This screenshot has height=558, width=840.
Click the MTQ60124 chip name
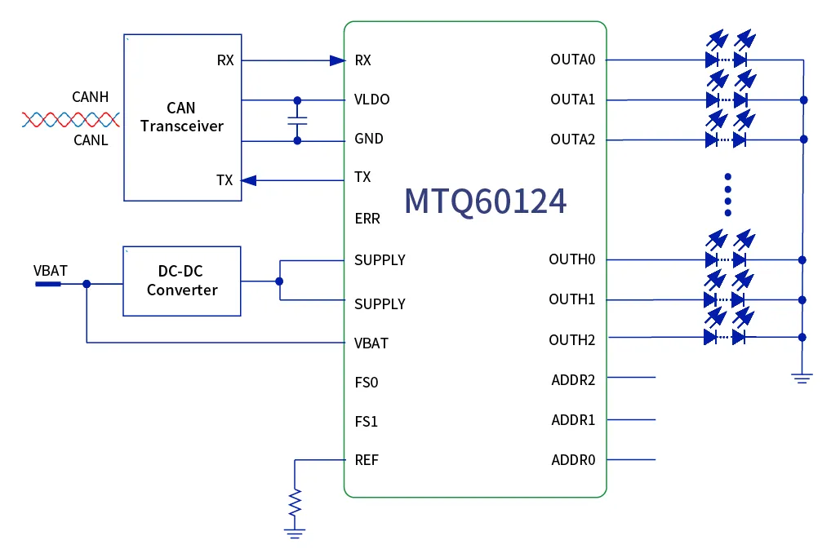point(485,201)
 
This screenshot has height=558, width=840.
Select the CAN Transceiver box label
point(181,117)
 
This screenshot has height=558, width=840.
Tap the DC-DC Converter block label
point(182,281)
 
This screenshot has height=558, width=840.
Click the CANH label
point(90,97)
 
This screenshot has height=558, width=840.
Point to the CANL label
point(90,140)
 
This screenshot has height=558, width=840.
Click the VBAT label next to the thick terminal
point(50,270)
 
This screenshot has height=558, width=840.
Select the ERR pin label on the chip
point(367,219)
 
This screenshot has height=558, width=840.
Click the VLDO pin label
point(371,100)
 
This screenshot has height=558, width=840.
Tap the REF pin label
point(367,460)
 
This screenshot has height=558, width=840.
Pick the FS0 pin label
point(366,382)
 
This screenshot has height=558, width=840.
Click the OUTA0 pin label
point(572,60)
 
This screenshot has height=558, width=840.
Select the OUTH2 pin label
point(571,339)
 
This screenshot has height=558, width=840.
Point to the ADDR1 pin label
point(573,420)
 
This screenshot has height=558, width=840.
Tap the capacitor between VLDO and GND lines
point(297,120)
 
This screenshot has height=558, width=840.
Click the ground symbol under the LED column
point(802,377)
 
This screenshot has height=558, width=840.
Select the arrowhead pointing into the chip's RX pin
point(337,60)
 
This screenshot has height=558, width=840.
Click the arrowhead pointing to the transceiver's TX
point(250,180)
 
